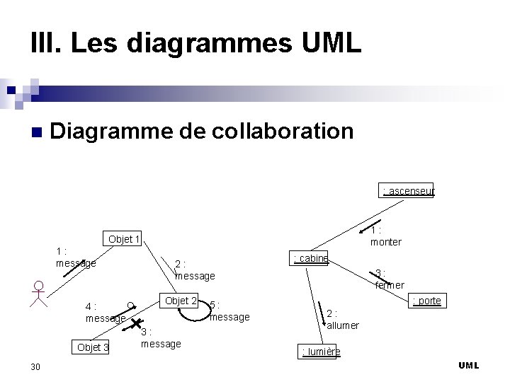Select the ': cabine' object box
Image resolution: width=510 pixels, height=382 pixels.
coord(310,258)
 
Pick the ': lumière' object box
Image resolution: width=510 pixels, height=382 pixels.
coord(320,352)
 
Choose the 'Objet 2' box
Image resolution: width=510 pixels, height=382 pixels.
coord(180,301)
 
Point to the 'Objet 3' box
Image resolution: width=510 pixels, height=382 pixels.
coord(93,347)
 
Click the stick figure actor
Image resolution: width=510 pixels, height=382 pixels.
coord(40,294)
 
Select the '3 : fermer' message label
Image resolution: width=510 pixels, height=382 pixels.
coord(389,279)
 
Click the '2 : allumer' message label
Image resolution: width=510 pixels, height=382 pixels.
coord(342,319)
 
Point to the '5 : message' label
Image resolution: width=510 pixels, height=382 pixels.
coord(229,311)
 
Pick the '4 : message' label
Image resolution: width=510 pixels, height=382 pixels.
coord(103,313)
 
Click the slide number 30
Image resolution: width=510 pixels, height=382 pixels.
coord(35,366)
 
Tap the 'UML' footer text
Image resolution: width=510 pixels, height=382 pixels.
coord(468,365)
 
